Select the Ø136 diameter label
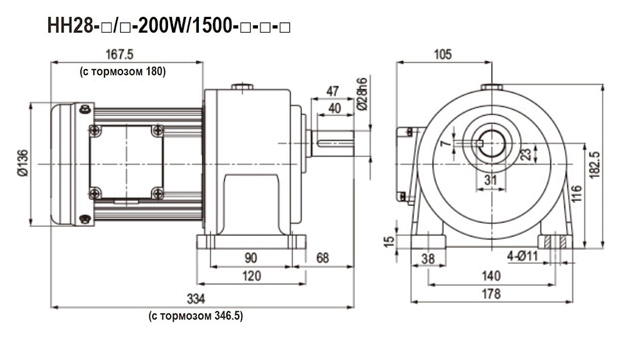[22, 163]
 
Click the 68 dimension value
[322, 258]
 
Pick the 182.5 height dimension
[595, 164]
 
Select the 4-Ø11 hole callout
[522, 256]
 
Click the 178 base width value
[491, 293]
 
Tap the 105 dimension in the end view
[443, 54]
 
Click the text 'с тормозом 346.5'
[196, 316]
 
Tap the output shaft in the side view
[333, 143]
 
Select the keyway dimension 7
[446, 144]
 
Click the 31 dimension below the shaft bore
[490, 180]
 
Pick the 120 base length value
[251, 276]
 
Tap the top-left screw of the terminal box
[96, 131]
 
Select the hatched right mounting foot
[555, 241]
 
